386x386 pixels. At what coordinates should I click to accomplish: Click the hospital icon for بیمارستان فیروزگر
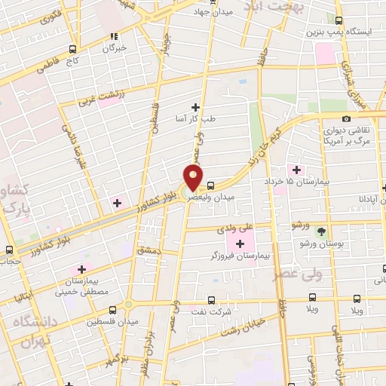click(x=240, y=243)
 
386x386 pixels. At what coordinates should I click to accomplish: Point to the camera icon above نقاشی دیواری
click(x=346, y=118)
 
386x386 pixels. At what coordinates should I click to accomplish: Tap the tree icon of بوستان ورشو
click(x=322, y=231)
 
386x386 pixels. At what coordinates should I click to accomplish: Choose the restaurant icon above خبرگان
click(x=114, y=36)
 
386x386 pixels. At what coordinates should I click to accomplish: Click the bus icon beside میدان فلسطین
click(x=113, y=309)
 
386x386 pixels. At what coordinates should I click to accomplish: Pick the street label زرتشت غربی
click(x=94, y=97)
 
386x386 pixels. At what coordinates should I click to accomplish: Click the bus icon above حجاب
click(x=10, y=250)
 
